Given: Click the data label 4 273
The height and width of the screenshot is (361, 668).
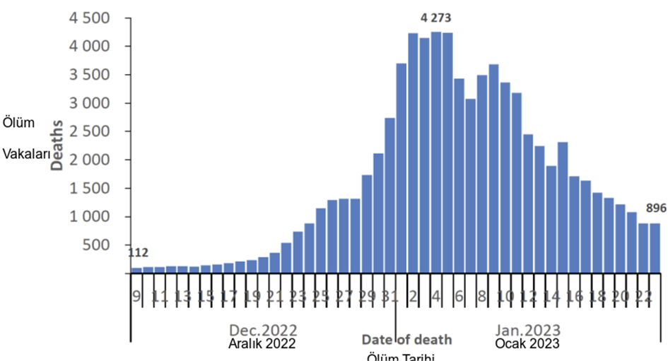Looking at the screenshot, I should [436, 18].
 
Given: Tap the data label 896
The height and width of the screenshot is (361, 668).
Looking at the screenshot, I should [656, 208].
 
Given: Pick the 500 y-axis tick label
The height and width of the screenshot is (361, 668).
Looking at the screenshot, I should [98, 245].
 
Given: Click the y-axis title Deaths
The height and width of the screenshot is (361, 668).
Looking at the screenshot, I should [57, 145].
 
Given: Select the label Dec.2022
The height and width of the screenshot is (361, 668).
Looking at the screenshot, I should [263, 330].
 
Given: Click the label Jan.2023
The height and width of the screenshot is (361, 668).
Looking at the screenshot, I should [528, 330].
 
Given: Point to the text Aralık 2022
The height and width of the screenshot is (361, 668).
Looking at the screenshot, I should [262, 344].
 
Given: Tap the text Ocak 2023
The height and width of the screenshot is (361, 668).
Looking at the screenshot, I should [527, 344].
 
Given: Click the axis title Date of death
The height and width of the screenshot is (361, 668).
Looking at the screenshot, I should [406, 339].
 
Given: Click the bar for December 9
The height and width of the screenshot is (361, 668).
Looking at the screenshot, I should [136, 270].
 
